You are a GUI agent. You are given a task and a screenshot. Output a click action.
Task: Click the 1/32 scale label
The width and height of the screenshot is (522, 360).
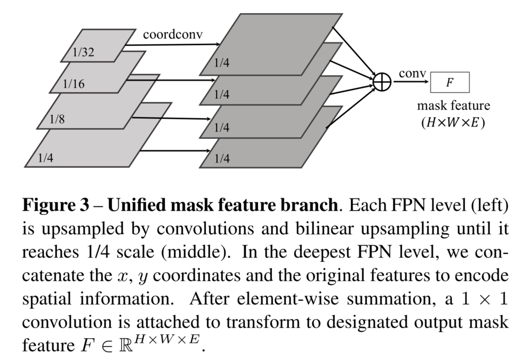tap(83, 53)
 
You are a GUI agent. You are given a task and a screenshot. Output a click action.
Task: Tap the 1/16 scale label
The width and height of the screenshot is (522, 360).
tap(74, 84)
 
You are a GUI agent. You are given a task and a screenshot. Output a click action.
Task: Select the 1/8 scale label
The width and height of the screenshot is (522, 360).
tap(57, 119)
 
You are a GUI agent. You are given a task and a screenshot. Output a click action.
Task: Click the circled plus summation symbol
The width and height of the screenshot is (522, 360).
tap(382, 82)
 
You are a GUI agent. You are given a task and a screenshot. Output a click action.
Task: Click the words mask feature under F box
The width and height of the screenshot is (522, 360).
tap(453, 105)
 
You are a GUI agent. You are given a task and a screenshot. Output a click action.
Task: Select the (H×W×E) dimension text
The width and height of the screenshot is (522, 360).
tap(453, 121)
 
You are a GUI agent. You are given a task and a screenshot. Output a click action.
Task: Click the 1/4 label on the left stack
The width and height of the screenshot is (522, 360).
tap(46, 157)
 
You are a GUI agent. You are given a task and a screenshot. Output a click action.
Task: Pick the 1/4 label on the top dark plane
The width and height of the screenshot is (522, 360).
tap(222, 63)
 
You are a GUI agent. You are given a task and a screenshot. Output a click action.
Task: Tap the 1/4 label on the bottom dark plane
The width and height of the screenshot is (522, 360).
tap(222, 158)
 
